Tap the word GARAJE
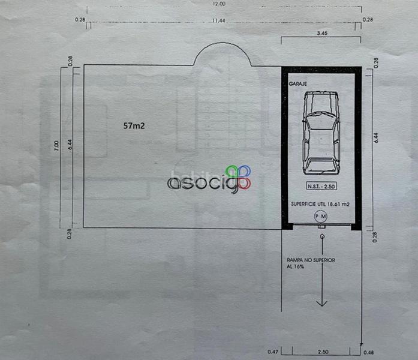pyautogui.click(x=298, y=85)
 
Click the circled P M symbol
pyautogui.click(x=321, y=216)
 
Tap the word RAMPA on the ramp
pyautogui.click(x=297, y=260)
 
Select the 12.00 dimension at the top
pyautogui.click(x=218, y=4)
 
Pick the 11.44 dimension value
pyautogui.click(x=218, y=20)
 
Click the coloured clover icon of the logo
pyautogui.click(x=238, y=176)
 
